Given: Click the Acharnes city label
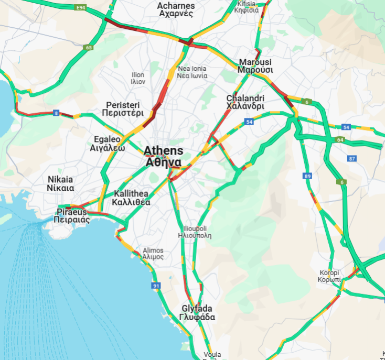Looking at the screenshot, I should pyautogui.click(x=176, y=9).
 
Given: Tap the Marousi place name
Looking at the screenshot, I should pyautogui.click(x=255, y=66).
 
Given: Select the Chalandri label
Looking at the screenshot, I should pyautogui.click(x=245, y=102).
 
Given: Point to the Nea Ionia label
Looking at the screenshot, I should pyautogui.click(x=192, y=72).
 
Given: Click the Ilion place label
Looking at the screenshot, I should pyautogui.click(x=138, y=78).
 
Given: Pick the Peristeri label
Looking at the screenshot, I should pyautogui.click(x=124, y=108).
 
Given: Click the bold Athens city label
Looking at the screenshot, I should pyautogui.click(x=164, y=156).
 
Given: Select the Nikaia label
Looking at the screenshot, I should pyautogui.click(x=60, y=183).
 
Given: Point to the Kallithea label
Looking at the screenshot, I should pyautogui.click(x=132, y=198).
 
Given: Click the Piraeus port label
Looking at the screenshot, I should pyautogui.click(x=72, y=216).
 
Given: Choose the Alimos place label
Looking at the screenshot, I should pyautogui.click(x=153, y=254).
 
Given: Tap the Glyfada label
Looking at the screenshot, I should pyautogui.click(x=197, y=313).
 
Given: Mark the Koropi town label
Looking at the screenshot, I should pyautogui.click(x=329, y=276).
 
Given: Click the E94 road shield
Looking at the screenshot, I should pyautogui.click(x=81, y=8).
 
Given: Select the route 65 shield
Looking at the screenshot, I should pyautogui.click(x=88, y=48).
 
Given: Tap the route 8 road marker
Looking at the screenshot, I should pyautogui.click(x=56, y=113).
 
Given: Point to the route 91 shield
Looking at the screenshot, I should pyautogui.click(x=156, y=286).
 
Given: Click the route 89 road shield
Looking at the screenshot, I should pyautogui.click(x=307, y=176).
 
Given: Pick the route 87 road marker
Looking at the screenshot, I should pyautogui.click(x=352, y=158).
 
